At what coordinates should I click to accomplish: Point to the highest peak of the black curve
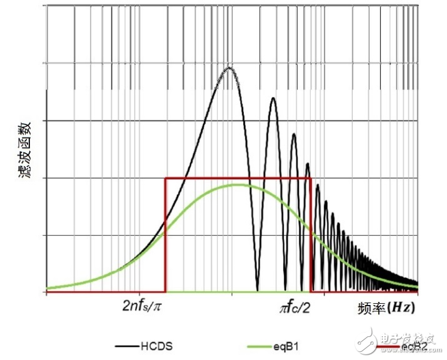point(229,67)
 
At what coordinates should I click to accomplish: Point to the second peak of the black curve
point(273,99)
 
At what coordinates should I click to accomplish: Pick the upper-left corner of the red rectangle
point(165,178)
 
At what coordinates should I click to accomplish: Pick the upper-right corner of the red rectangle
point(311,178)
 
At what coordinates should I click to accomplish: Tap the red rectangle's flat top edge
point(200,178)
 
